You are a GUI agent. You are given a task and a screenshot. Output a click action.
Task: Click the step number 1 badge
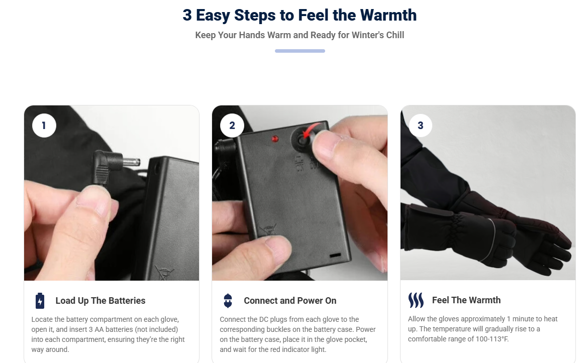coord(44,126)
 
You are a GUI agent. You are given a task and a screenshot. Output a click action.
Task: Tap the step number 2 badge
coord(232,126)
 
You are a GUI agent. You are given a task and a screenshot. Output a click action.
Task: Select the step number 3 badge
coord(420,126)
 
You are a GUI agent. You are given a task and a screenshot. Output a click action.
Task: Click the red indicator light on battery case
coord(275,139)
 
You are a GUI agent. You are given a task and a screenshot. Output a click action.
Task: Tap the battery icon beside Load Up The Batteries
coord(40,301)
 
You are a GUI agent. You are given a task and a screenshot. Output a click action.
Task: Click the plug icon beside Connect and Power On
coord(228,301)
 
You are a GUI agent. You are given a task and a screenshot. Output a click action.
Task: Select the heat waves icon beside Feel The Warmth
coord(416,300)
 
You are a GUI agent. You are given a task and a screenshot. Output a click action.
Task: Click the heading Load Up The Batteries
coord(101,301)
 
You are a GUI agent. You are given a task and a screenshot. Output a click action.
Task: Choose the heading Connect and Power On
coord(290,301)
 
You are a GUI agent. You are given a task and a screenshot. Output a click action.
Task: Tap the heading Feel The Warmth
coord(466,300)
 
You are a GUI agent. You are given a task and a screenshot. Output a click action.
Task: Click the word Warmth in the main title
coord(388,16)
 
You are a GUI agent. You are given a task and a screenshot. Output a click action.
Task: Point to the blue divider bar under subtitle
coord(300,51)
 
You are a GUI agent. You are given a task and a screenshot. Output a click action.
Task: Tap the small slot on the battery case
coord(335,255)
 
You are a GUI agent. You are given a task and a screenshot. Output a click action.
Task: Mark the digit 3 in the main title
coord(187,16)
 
